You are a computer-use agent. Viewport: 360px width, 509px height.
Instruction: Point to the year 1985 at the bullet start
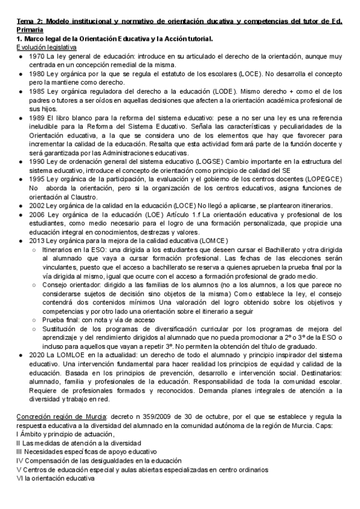[36, 91]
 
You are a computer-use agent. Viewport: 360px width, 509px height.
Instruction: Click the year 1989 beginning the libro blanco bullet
[36, 118]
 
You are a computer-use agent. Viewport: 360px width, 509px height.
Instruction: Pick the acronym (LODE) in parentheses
[222, 91]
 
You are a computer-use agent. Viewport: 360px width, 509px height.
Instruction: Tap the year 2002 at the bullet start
[36, 205]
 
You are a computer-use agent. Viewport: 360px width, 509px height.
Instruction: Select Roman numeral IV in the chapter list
[19, 461]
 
